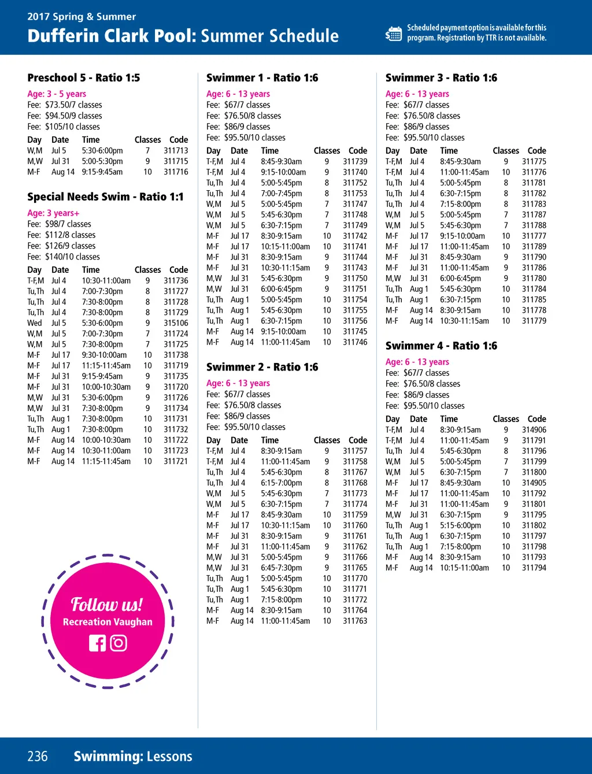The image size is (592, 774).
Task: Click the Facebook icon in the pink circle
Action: pyautogui.click(x=98, y=643)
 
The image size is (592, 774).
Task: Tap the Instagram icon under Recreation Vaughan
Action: pyautogui.click(x=119, y=643)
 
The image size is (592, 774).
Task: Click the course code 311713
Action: pyautogui.click(x=176, y=150)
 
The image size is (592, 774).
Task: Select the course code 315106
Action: pyautogui.click(x=176, y=323)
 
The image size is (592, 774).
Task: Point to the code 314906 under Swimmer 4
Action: pyautogui.click(x=534, y=429)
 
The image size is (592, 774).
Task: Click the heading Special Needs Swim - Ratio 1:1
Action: pyautogui.click(x=105, y=197)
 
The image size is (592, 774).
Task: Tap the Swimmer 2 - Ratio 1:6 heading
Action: pyautogui.click(x=262, y=367)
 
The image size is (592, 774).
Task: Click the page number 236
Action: pyautogui.click(x=38, y=756)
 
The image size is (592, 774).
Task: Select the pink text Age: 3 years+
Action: pyautogui.click(x=53, y=213)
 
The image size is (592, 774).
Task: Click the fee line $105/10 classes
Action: pyautogui.click(x=64, y=127)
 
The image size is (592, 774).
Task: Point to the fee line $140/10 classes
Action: pyautogui.click(x=64, y=257)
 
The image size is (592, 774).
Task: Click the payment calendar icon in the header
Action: pyautogui.click(x=394, y=34)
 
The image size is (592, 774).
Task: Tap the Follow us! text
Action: pyautogui.click(x=107, y=604)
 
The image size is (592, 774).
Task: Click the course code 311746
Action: pyautogui.click(x=355, y=342)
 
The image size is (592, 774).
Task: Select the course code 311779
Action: pyautogui.click(x=534, y=321)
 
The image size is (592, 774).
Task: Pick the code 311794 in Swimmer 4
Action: pyautogui.click(x=534, y=568)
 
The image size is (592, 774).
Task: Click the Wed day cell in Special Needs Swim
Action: pyautogui.click(x=35, y=323)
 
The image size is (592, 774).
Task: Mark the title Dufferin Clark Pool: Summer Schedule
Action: pyautogui.click(x=183, y=36)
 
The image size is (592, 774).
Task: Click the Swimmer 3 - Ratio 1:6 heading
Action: pyautogui.click(x=441, y=77)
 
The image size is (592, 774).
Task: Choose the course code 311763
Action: pyautogui.click(x=355, y=621)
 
